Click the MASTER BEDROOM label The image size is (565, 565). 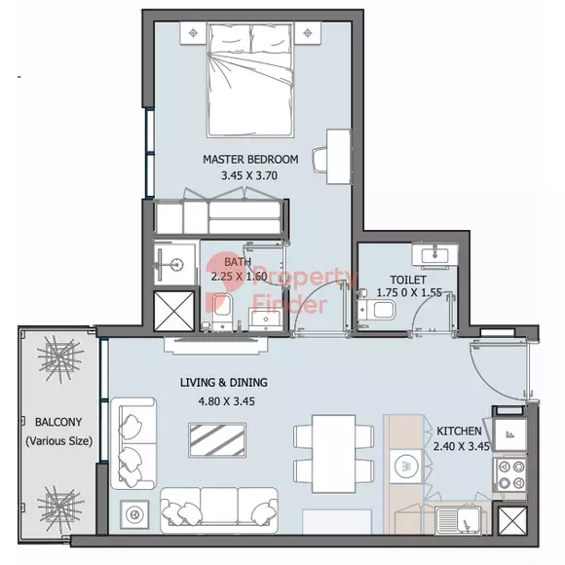pyautogui.click(x=250, y=159)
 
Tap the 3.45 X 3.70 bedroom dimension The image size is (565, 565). pyautogui.click(x=249, y=176)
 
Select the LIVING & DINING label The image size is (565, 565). pyautogui.click(x=224, y=382)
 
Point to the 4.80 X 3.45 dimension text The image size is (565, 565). pyautogui.click(x=227, y=401)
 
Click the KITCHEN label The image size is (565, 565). pyautogui.click(x=459, y=431)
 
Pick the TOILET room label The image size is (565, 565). pyautogui.click(x=408, y=280)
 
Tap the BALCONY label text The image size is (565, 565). pyautogui.click(x=58, y=422)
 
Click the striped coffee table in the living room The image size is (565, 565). pyautogui.click(x=217, y=440)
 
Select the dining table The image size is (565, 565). pyautogui.click(x=334, y=454)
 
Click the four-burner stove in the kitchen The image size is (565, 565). pyautogui.click(x=510, y=474)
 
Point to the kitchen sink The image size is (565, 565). pyautogui.click(x=458, y=520)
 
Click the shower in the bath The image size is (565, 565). pyautogui.click(x=174, y=263)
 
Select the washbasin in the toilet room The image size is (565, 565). pyautogui.click(x=434, y=255)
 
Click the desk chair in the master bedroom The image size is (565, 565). pyautogui.click(x=320, y=160)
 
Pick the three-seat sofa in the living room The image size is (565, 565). pyautogui.click(x=219, y=509)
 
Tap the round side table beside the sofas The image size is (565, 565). pyautogui.click(x=134, y=514)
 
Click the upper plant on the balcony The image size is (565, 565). pyautogui.click(x=59, y=358)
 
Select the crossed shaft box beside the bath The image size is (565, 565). pyautogui.click(x=174, y=311)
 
